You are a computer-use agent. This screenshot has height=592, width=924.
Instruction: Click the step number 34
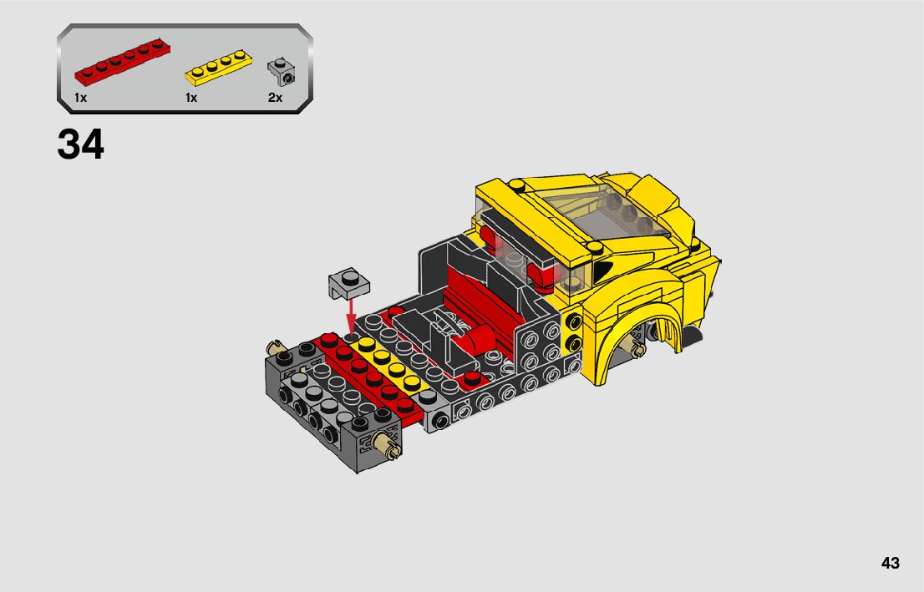point(81,145)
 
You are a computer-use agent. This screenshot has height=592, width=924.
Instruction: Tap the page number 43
point(891,563)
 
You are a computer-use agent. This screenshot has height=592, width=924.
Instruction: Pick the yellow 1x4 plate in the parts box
point(219,67)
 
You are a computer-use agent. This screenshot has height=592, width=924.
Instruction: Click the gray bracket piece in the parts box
point(281,71)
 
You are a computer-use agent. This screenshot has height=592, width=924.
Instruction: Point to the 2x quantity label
point(275,98)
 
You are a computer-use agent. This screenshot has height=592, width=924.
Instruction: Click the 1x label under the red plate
point(81,98)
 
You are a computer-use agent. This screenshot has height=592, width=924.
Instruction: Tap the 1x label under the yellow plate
point(191,98)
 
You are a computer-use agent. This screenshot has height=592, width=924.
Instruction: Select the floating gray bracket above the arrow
point(349,283)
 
